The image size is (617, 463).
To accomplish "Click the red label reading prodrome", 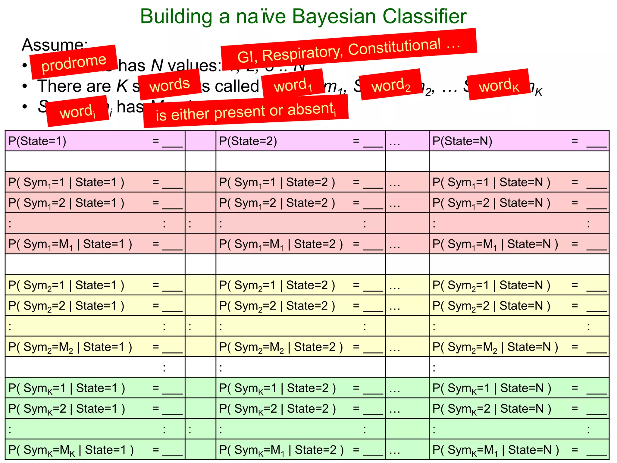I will [74, 62].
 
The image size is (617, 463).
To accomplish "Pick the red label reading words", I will [170, 84].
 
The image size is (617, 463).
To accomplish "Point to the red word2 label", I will [391, 85].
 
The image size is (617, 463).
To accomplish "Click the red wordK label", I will [499, 85].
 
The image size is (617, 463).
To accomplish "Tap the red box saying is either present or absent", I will [246, 111].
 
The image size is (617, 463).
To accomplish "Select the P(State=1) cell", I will [95, 141].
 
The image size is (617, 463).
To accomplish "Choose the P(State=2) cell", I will [300, 141].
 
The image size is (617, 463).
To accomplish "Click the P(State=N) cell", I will [519, 141].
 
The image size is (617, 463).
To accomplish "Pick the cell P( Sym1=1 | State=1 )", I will [95, 182].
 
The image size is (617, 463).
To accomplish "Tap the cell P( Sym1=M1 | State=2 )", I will [300, 244].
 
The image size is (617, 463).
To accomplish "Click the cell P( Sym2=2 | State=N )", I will [519, 306].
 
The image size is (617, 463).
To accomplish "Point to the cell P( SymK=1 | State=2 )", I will [300, 388].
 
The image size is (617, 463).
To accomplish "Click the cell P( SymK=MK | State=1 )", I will [95, 450].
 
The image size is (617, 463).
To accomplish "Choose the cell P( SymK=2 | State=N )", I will [519, 409].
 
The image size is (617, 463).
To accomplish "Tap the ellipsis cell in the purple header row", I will [407, 141].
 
